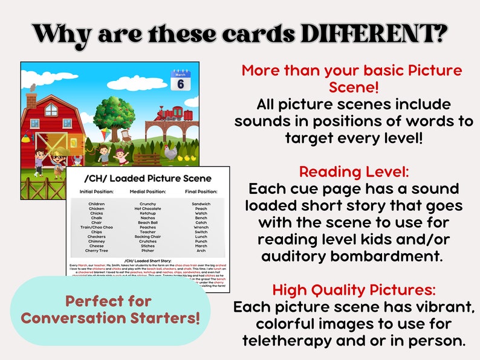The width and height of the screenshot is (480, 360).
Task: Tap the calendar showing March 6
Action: click(x=180, y=80)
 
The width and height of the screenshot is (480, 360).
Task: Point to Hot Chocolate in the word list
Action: click(x=147, y=208)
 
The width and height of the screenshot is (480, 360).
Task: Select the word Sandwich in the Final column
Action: click(x=201, y=204)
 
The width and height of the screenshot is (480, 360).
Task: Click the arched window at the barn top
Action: click(x=52, y=109)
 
